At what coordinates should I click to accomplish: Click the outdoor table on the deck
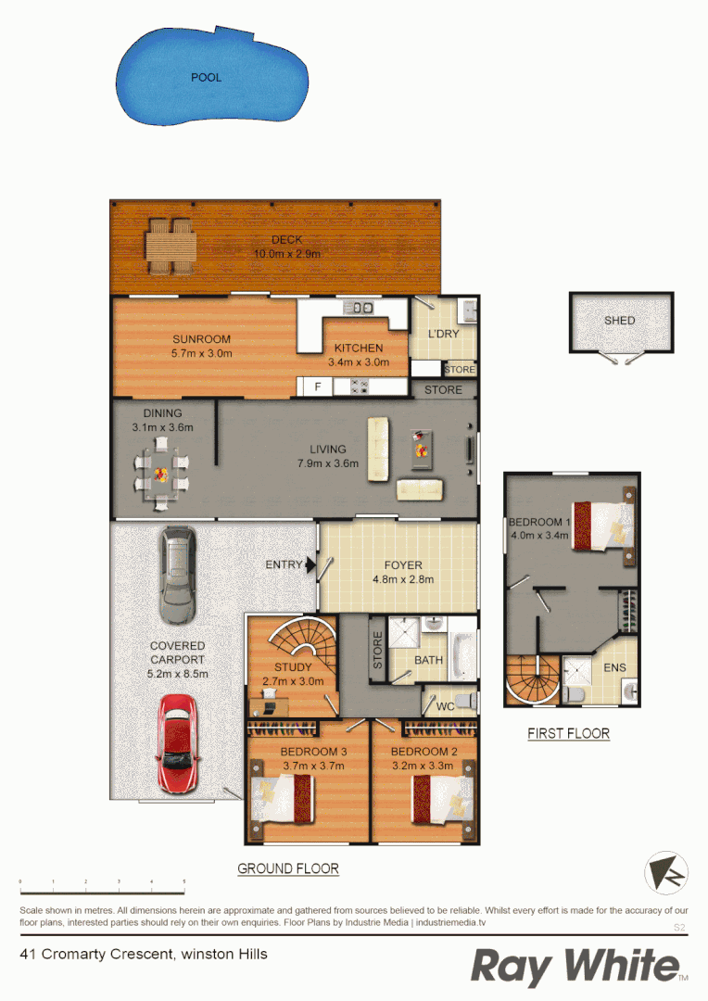[x=171, y=245]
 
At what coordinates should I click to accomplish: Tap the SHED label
[x=620, y=321]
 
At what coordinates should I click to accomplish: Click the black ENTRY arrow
[x=312, y=564]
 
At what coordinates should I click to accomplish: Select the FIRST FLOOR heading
[x=568, y=733]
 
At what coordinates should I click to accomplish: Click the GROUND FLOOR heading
[x=288, y=869]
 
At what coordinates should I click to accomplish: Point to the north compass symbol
[x=665, y=873]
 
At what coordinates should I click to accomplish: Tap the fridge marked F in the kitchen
[x=317, y=386]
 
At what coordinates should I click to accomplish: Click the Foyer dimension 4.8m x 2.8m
[x=403, y=579]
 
